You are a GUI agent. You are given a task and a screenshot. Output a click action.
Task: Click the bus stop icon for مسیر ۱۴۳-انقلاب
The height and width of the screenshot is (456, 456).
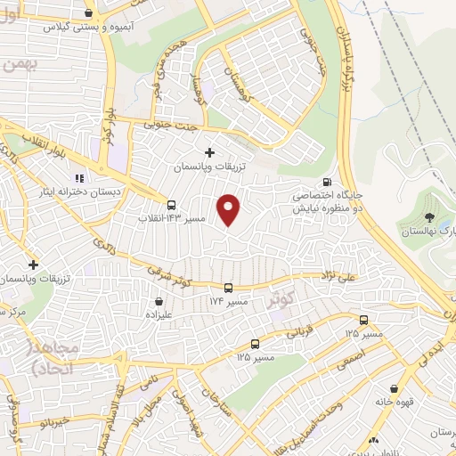pyautogui.click(x=171, y=206)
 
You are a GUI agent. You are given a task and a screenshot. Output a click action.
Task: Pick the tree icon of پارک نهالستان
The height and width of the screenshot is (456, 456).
pyautogui.click(x=429, y=217)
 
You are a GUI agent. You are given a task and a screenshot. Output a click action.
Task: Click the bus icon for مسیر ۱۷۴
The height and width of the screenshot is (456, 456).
pyautogui.click(x=228, y=288)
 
